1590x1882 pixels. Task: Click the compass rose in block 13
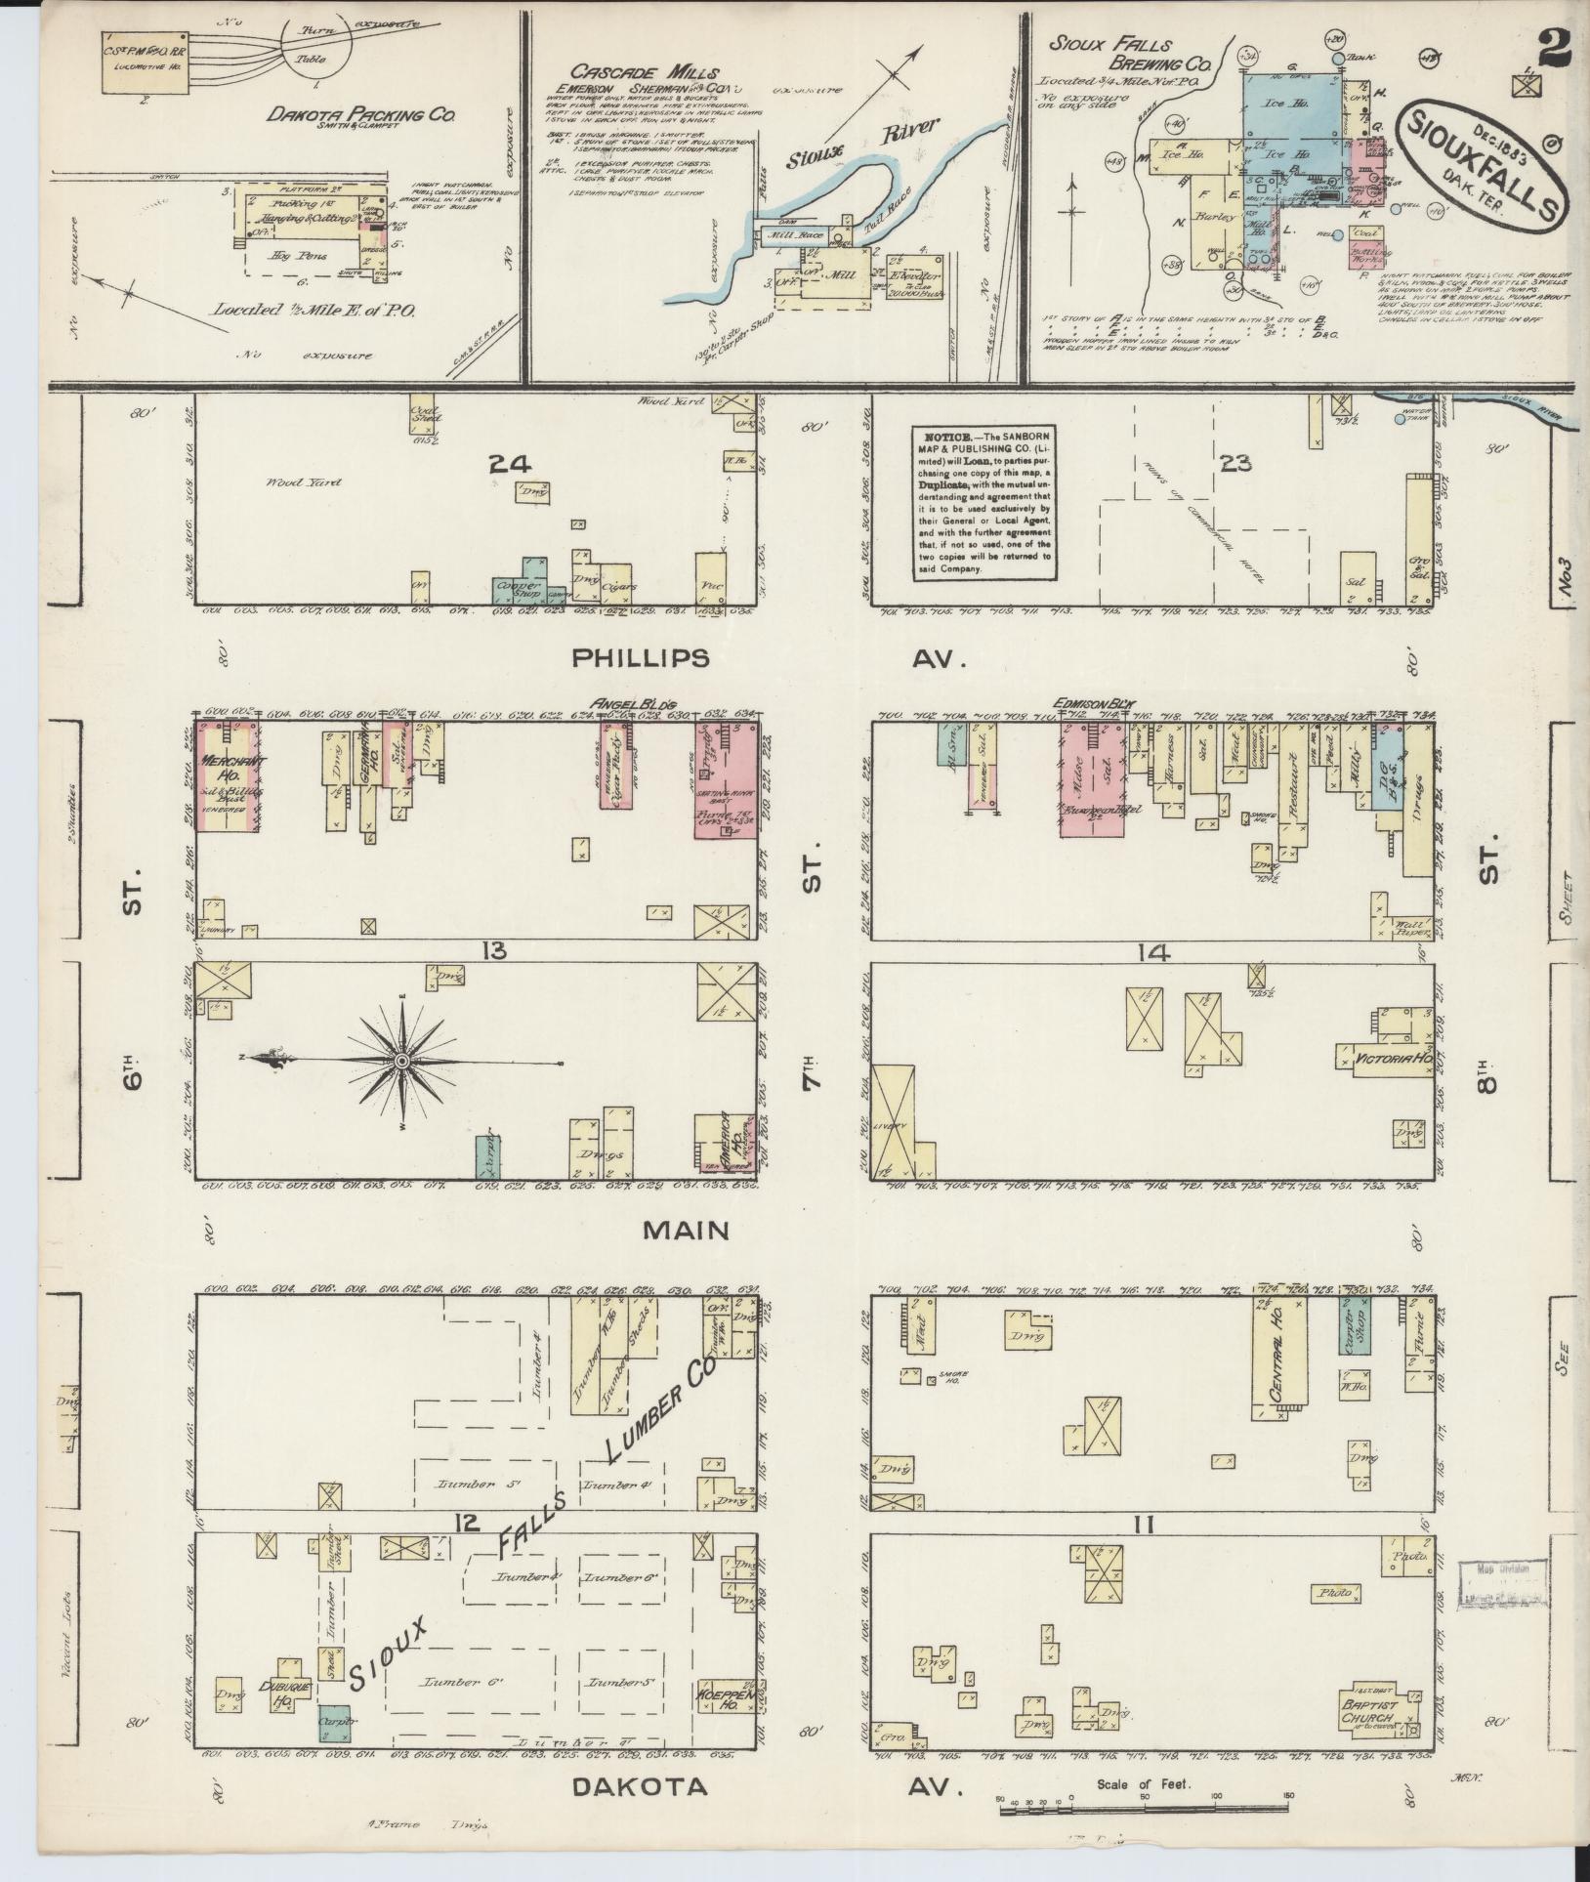(401, 1061)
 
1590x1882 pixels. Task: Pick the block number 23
(1234, 463)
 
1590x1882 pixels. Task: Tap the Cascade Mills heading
(645, 72)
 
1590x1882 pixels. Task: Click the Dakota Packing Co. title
(361, 115)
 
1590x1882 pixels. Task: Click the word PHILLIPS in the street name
(640, 658)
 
